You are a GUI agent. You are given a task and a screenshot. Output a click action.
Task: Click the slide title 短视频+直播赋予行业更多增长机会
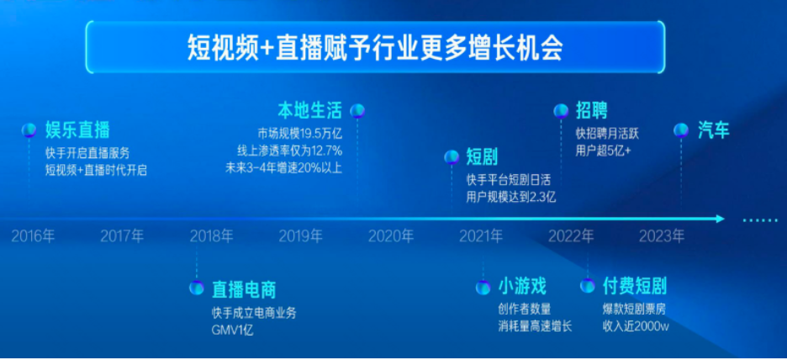[x=375, y=47]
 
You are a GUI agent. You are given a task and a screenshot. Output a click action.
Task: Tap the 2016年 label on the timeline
[x=33, y=236]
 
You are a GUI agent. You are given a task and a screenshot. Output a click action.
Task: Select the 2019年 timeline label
[x=300, y=236]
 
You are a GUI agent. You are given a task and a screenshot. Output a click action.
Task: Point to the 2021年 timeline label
[x=481, y=236]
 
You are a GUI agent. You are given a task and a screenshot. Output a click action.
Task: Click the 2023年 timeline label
[x=661, y=236]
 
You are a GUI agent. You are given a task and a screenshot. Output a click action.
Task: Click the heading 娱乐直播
[x=77, y=130]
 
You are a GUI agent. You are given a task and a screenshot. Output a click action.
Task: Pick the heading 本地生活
[x=310, y=110]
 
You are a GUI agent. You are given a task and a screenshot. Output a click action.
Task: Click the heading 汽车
[x=714, y=130]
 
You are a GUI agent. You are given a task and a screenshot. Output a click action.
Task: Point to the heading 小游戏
[x=522, y=287]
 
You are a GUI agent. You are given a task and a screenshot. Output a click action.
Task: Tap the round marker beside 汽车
[x=682, y=130]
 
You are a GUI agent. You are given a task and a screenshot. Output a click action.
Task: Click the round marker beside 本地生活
[x=357, y=110]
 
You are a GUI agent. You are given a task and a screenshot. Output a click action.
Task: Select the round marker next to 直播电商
[x=197, y=289]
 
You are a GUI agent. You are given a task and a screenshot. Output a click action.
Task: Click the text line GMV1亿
[x=233, y=331]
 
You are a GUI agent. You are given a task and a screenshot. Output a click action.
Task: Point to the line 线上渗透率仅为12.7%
[x=289, y=151]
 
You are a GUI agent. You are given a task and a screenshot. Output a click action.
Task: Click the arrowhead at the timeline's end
[x=719, y=219]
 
